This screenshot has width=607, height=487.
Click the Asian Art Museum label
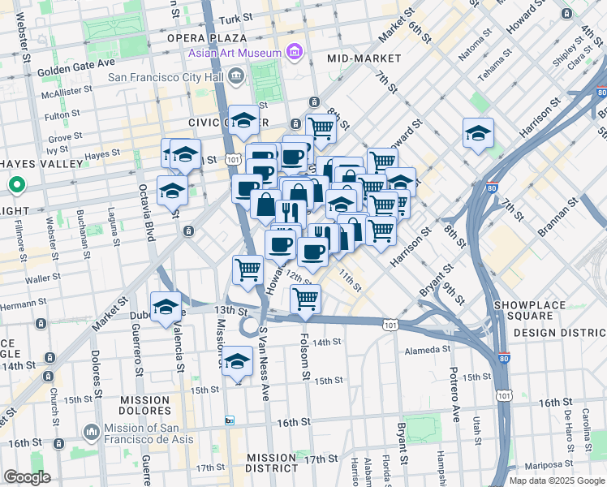click(x=235, y=54)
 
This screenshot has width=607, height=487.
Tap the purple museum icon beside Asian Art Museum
click(x=294, y=54)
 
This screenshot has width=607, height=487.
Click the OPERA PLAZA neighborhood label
click(x=206, y=38)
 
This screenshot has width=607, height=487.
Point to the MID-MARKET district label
click(x=364, y=58)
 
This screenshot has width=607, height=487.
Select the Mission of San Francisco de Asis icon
click(x=91, y=429)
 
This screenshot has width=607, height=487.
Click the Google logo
click(x=27, y=477)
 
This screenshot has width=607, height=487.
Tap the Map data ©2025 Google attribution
click(x=557, y=481)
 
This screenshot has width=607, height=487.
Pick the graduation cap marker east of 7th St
click(x=478, y=133)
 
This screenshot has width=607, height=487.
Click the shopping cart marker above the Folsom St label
click(x=305, y=299)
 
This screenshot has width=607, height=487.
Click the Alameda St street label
click(x=428, y=349)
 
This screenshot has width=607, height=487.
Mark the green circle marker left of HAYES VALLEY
click(x=15, y=187)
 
